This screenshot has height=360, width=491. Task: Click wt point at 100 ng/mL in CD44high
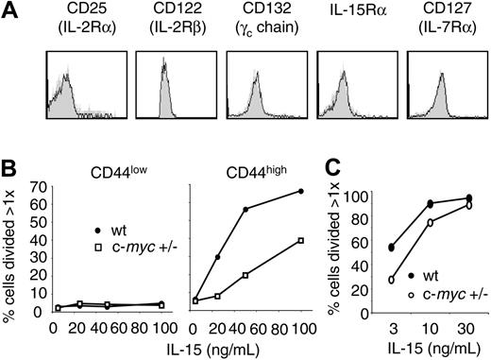coord(328,192)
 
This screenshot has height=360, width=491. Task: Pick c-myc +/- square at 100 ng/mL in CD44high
coord(328,241)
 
